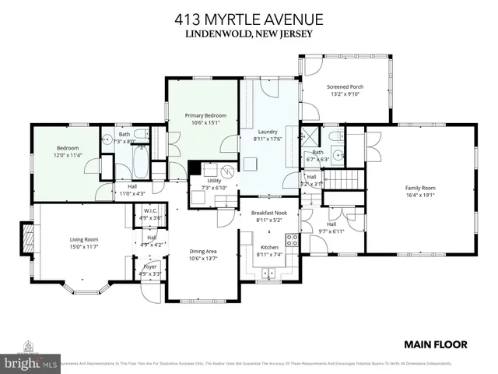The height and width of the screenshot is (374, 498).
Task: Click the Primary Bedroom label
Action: (203, 118)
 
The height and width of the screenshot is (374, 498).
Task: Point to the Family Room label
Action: (419, 191)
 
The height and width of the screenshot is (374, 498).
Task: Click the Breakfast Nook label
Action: (268, 216)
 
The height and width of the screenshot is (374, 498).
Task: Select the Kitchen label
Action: (268, 250)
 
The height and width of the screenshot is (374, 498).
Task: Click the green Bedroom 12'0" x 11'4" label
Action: (68, 151)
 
